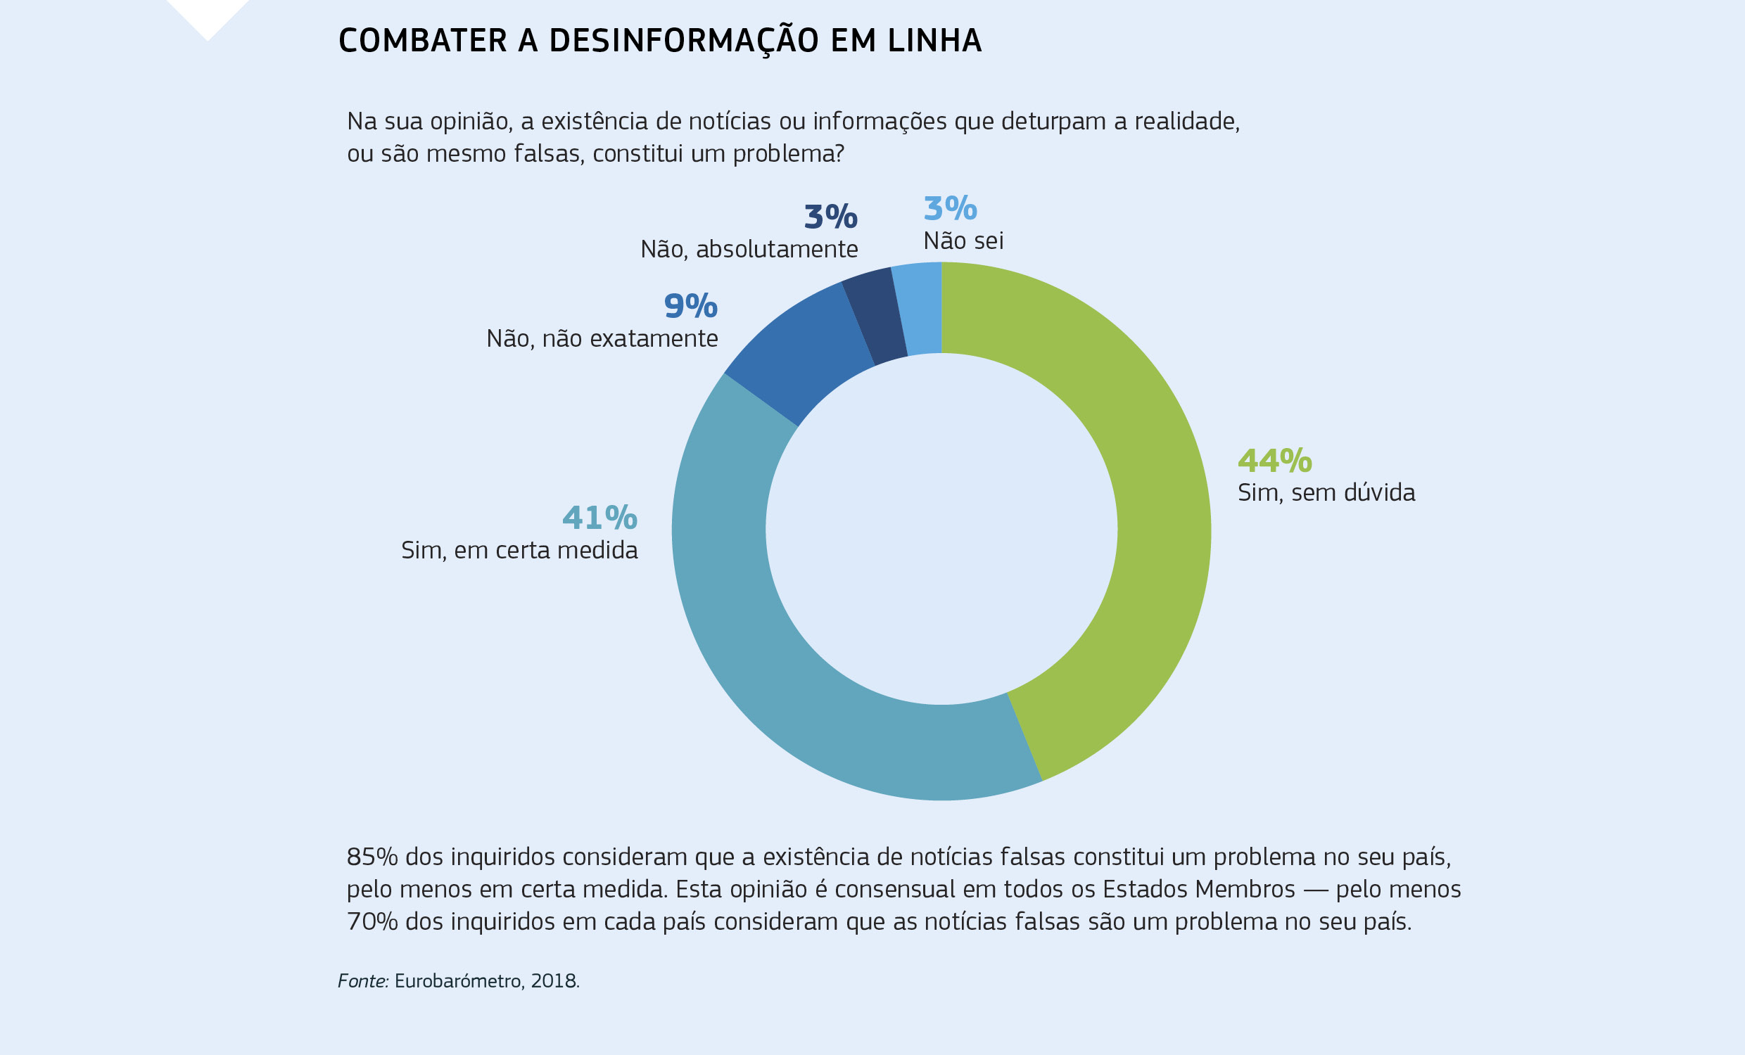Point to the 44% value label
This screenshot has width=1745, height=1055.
1274,461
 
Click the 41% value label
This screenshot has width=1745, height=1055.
599,518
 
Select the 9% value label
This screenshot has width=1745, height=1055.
690,307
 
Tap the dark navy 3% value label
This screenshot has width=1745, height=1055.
830,217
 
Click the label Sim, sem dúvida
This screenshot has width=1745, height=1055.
1326,493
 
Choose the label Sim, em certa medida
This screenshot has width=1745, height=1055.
519,551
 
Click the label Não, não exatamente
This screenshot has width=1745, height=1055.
602,339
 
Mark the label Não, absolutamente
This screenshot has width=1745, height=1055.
749,249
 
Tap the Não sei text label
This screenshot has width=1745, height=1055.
963,241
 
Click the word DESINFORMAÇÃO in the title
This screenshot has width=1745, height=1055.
683,41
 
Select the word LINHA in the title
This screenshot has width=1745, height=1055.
934,41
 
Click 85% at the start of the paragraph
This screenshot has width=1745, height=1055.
372,857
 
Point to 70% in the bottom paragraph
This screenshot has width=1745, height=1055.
372,922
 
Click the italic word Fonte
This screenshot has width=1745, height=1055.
362,981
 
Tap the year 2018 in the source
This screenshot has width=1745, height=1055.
554,981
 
